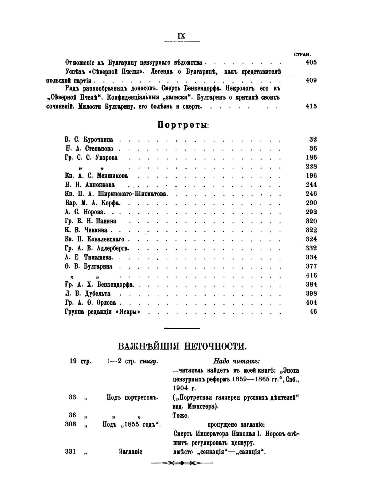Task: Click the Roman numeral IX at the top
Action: pyautogui.click(x=181, y=36)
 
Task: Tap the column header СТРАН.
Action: pyautogui.click(x=302, y=54)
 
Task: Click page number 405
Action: pyautogui.click(x=311, y=62)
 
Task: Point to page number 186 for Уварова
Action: pyautogui.click(x=311, y=157)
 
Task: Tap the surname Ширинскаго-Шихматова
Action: pyautogui.click(x=132, y=194)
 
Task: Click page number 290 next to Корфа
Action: pyautogui.click(x=311, y=203)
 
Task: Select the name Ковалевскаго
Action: pyautogui.click(x=105, y=239)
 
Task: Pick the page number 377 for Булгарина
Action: pyautogui.click(x=311, y=266)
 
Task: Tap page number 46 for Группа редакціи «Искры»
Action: pyautogui.click(x=313, y=312)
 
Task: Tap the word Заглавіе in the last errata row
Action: pyautogui.click(x=130, y=452)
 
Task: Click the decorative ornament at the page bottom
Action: pyautogui.click(x=181, y=463)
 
